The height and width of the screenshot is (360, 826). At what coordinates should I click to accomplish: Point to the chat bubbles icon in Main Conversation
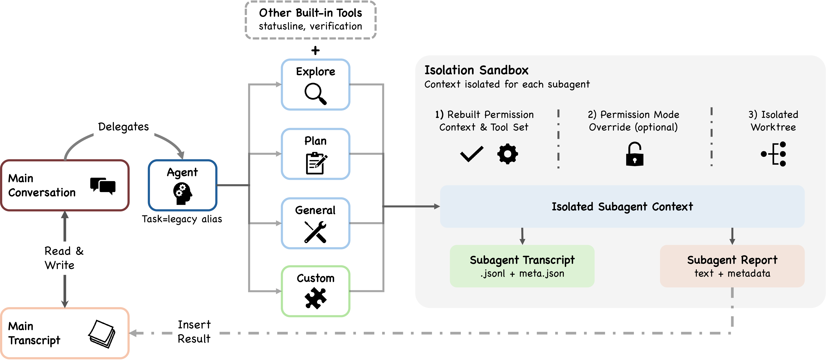[x=103, y=186]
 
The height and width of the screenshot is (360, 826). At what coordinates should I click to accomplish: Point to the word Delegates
[x=124, y=127]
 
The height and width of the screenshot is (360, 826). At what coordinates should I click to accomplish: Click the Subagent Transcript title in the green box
[x=522, y=260]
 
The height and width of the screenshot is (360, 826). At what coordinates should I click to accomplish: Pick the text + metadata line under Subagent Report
[x=732, y=273]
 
